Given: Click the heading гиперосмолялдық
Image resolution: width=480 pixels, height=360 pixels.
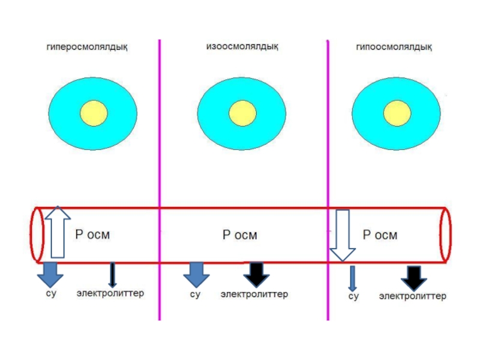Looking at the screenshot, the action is coord(87,47).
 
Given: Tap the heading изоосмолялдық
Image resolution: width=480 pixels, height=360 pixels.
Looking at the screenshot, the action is coord(242,47).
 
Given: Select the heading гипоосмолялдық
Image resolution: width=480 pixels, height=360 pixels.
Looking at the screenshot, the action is coord(394,47).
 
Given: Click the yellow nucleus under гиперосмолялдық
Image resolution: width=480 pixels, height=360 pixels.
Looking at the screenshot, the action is coord(94,113).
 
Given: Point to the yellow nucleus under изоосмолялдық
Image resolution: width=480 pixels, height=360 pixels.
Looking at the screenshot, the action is coord(242,113).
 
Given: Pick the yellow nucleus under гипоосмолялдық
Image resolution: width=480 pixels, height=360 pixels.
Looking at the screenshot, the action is coord(397,113).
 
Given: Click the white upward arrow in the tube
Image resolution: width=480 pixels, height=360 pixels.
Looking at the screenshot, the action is coord(58,232).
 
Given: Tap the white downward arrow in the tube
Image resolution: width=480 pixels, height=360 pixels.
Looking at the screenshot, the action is coord(343,235).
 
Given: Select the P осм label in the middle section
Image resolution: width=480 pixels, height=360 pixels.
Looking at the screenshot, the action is coord(239,235).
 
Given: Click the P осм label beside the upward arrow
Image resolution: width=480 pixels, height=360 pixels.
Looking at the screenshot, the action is coord(92,235).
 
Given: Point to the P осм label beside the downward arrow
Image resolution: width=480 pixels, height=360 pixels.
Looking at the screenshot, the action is coord(380,235).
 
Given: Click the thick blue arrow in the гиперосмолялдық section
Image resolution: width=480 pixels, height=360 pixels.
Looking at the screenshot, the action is coord(50,275).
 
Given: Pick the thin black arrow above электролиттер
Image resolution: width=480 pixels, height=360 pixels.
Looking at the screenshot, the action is coord(112,275).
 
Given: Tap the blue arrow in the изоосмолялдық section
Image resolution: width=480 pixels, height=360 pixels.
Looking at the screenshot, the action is coord(196,275).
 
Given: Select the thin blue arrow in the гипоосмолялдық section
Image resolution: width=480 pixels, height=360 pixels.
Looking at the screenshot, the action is coord(352,278).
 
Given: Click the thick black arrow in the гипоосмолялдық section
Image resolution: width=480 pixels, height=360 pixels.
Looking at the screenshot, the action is coord(414,278).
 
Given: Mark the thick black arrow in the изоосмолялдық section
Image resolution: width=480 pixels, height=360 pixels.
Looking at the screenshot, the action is coord(257,275).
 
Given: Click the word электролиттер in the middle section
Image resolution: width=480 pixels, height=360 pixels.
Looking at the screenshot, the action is coord(254,294).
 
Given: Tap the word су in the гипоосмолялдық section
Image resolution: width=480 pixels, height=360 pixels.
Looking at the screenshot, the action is coord(353,296).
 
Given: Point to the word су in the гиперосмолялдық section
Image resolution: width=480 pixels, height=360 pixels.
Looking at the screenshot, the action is coord(51,293).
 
